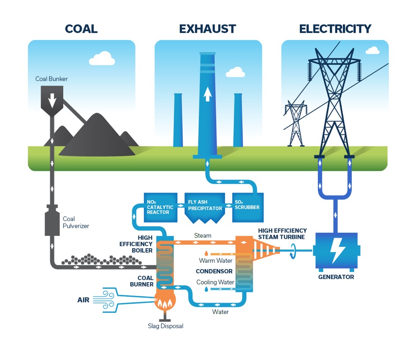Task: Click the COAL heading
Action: coord(81,29)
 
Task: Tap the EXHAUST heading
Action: coord(207,29)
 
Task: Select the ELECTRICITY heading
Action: coord(335,29)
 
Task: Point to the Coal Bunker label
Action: coord(52,79)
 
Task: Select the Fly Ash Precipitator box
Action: coord(204,205)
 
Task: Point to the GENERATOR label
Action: coord(336,277)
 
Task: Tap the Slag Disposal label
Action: coord(165,326)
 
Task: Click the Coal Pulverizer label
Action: coord(75,222)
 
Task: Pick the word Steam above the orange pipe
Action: coord(203,235)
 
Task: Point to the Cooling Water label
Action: coord(215,282)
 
